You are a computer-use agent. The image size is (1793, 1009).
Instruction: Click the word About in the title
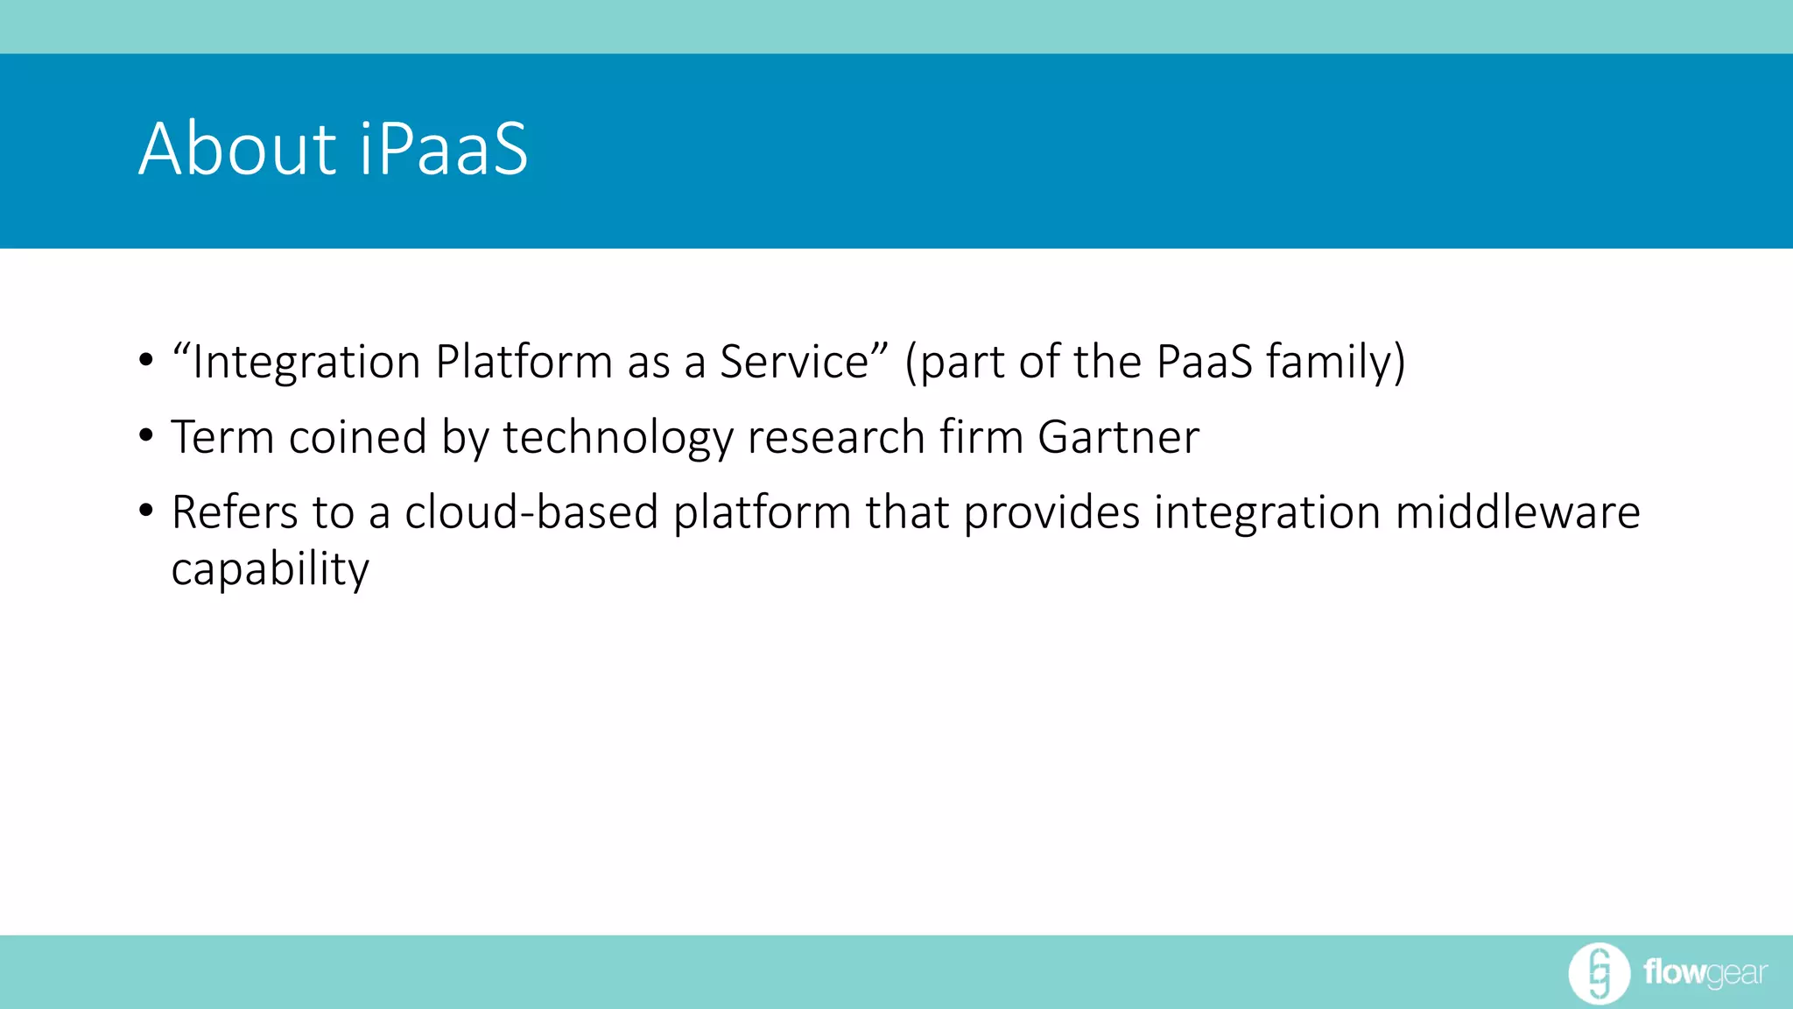237,149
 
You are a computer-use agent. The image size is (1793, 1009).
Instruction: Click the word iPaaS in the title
444,149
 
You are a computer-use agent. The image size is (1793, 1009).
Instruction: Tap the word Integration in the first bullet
306,363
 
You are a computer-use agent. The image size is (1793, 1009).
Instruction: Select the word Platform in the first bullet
524,361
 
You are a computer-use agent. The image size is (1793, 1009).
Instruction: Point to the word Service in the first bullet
794,361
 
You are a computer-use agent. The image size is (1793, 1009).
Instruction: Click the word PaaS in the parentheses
1204,361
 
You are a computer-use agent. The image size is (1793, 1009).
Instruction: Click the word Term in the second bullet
222,436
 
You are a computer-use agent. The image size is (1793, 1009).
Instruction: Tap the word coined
357,436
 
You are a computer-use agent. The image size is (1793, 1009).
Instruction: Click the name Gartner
1118,436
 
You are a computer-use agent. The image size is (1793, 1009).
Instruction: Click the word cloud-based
531,512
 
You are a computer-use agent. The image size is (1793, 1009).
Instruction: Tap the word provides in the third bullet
1051,513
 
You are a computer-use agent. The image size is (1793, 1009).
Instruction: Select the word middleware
1517,512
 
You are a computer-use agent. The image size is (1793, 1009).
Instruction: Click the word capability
270,570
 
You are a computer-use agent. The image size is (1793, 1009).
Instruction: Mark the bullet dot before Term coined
146,435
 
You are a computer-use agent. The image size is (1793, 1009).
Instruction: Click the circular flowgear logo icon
1599,973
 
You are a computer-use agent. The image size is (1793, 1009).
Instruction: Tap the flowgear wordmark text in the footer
1705,973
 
